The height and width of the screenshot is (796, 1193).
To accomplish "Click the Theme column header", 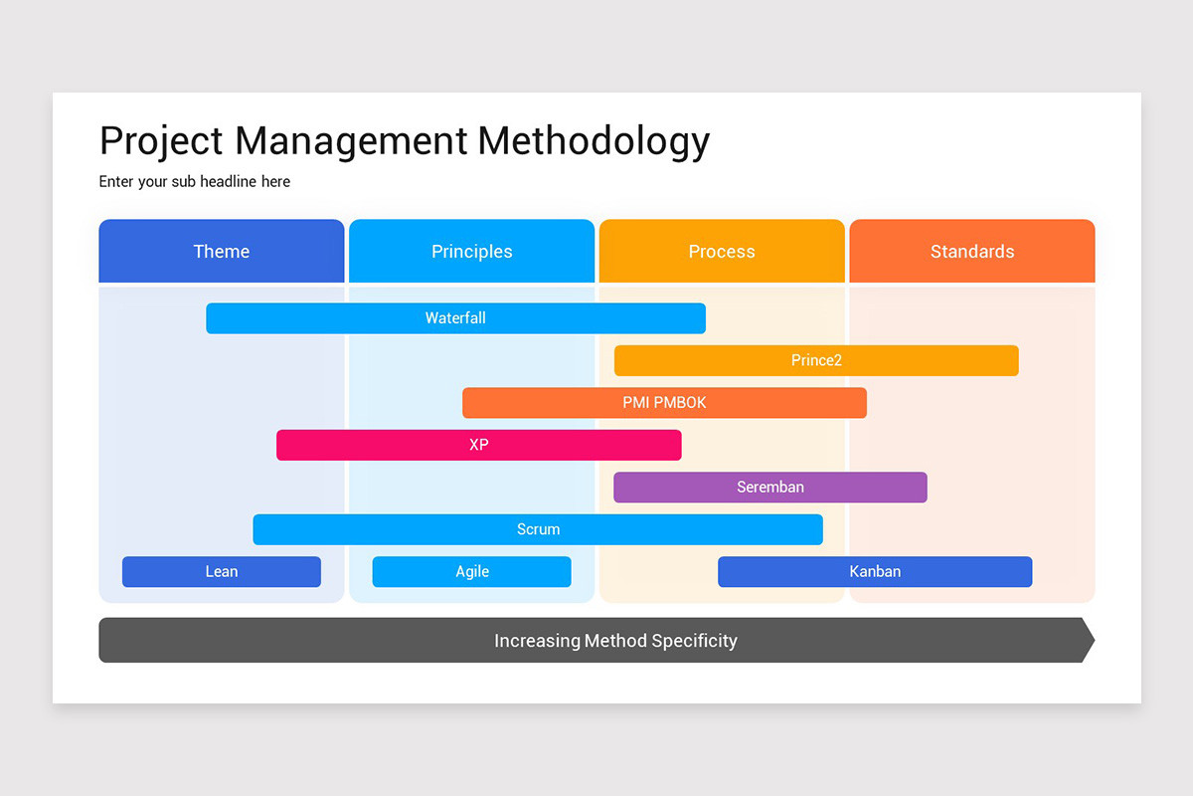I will (222, 252).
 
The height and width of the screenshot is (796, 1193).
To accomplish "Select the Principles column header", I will (471, 252).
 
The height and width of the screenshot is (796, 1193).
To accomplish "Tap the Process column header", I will (722, 252).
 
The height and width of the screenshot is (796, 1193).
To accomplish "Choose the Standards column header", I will (972, 252).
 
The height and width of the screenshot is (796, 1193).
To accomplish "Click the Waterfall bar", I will (455, 318).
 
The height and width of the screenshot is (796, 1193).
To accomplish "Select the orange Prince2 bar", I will (816, 360).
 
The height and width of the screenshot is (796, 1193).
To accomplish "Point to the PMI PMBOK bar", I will (664, 403).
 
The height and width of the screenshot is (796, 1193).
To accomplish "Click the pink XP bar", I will (478, 445).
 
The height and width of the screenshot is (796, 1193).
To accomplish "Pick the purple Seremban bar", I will (770, 488).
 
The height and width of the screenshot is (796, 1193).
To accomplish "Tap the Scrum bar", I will (538, 529).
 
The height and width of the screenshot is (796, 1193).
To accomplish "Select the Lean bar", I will (222, 571).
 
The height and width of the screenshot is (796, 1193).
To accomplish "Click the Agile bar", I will (472, 571).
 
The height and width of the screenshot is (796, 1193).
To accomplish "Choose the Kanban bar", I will (875, 571).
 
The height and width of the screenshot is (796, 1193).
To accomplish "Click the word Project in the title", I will (162, 141).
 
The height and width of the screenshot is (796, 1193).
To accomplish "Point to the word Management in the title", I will (351, 141).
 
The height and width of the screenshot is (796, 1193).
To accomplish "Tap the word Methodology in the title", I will (594, 141).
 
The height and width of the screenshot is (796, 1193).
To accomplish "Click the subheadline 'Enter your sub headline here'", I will (195, 182).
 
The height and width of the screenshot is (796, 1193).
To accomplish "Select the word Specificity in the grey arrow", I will (693, 641).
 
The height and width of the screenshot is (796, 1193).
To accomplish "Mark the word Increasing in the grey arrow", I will (537, 641).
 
